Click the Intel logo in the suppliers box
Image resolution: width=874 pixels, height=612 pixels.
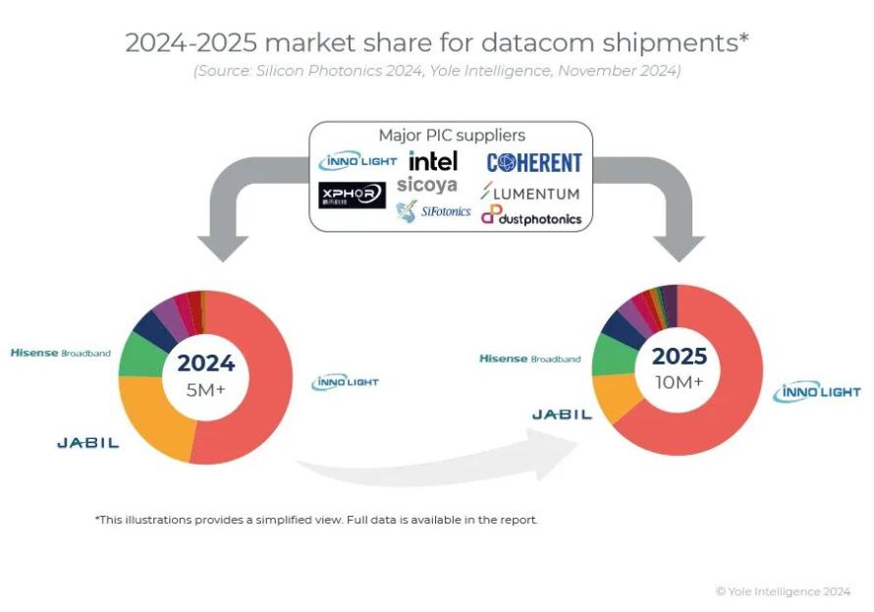(433, 160)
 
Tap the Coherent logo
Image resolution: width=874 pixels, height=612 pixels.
(534, 162)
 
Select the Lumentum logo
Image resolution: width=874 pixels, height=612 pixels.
(530, 193)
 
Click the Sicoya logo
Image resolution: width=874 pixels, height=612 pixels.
(426, 185)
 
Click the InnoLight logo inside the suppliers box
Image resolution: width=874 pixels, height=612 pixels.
(357, 161)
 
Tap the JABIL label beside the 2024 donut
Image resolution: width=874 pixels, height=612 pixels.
(87, 443)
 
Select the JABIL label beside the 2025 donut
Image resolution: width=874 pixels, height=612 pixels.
(562, 415)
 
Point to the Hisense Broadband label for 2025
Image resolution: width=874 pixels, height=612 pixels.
(529, 359)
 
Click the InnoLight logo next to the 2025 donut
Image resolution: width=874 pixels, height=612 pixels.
(816, 393)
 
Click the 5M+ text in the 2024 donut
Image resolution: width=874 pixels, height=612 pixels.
(205, 389)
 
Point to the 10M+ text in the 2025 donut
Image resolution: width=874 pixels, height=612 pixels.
(680, 381)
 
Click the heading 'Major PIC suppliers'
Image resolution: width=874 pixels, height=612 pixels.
(452, 136)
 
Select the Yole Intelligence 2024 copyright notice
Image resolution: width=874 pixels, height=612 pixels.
(783, 591)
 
